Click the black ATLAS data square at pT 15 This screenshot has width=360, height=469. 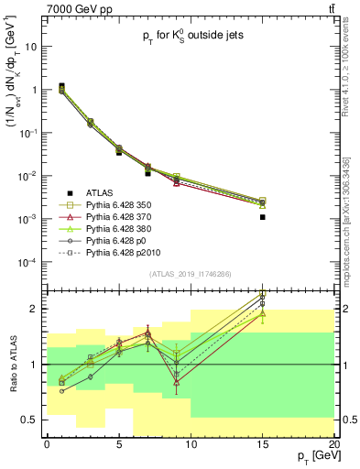click(262, 217)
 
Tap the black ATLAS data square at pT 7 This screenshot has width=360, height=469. click(147, 172)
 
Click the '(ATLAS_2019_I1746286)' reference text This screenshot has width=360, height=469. click(189, 274)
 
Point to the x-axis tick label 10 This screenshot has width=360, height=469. click(191, 441)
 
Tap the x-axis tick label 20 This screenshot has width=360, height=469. click(334, 441)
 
